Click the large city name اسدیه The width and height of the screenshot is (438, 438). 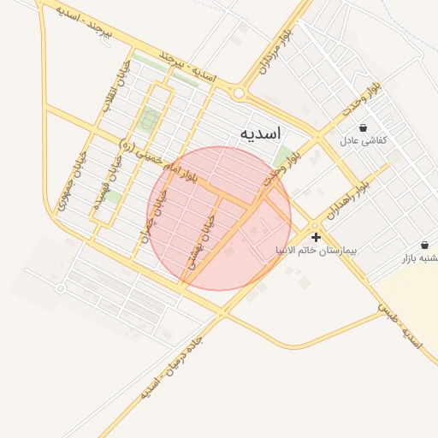(x=261, y=133)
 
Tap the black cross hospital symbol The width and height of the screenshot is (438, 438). (x=317, y=237)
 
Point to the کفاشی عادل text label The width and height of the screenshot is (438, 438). (x=364, y=140)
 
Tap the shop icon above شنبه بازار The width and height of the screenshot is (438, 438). (x=425, y=245)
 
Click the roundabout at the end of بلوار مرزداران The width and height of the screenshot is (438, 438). (x=239, y=93)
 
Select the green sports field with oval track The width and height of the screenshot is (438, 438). (x=150, y=119)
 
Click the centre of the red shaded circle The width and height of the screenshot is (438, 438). (x=219, y=218)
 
